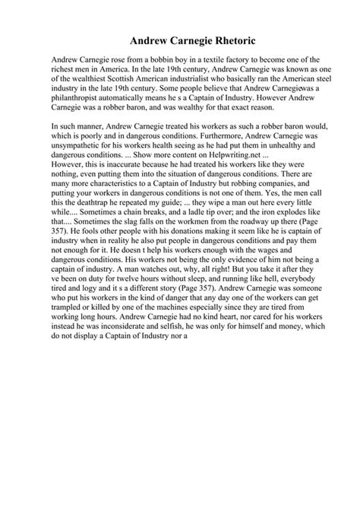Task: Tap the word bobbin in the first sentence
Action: point(158,58)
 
